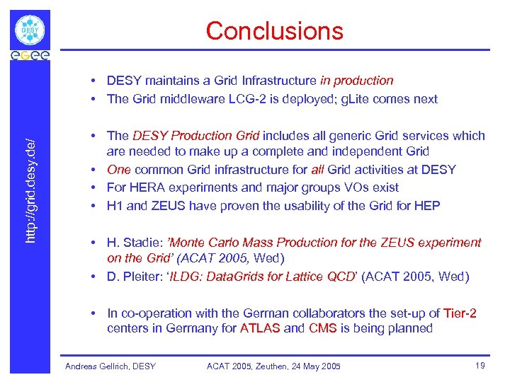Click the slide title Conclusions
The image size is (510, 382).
click(274, 30)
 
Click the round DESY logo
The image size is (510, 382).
click(30, 30)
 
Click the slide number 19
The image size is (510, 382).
click(481, 366)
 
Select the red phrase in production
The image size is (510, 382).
click(356, 81)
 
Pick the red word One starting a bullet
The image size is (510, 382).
click(118, 170)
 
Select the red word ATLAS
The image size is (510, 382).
click(261, 328)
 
